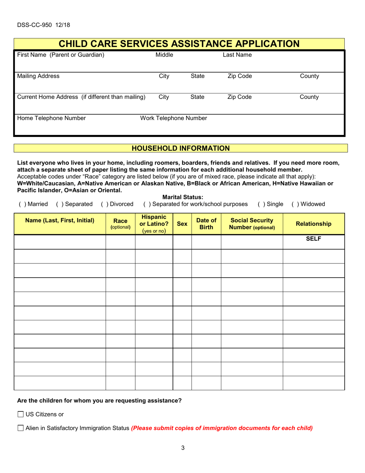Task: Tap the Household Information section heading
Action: [181, 148]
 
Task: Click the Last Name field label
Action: [237, 55]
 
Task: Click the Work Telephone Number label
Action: [174, 118]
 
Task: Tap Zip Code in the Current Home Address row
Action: [240, 97]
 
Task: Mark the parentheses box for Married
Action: [22, 204]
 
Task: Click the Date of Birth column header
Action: [206, 224]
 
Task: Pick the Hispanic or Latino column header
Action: [154, 224]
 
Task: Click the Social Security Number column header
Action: [252, 224]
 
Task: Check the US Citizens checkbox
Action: [21, 414]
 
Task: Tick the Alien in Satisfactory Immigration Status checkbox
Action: [21, 428]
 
